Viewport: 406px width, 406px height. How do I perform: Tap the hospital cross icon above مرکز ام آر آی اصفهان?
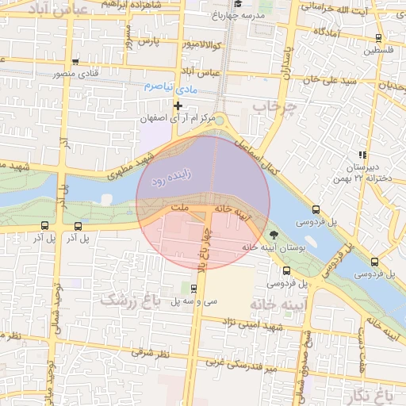[x=178, y=105]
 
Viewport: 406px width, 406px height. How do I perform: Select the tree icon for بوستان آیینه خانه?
[x=274, y=235]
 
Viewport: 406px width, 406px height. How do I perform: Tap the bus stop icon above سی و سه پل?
[x=193, y=288]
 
